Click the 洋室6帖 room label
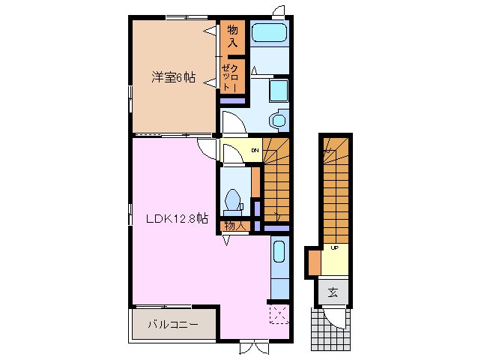(x=174, y=77)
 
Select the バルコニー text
(x=172, y=325)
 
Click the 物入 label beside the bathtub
(x=232, y=37)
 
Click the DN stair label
(x=254, y=151)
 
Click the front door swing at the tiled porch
(x=338, y=318)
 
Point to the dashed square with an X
(x=279, y=313)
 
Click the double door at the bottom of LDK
(x=254, y=346)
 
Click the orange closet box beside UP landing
(x=314, y=262)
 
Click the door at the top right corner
(x=279, y=10)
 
